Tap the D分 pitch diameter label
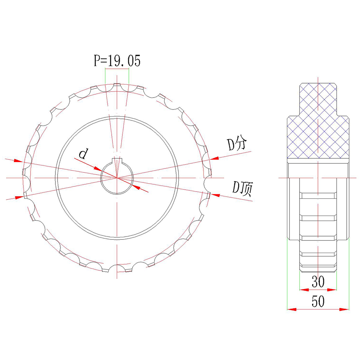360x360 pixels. [236, 144]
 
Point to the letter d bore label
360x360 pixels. [83, 154]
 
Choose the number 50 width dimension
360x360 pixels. [318, 302]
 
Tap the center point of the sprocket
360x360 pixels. [117, 178]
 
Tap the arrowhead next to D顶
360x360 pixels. [215, 195]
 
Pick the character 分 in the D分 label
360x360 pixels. [240, 144]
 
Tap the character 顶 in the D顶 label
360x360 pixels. [246, 188]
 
